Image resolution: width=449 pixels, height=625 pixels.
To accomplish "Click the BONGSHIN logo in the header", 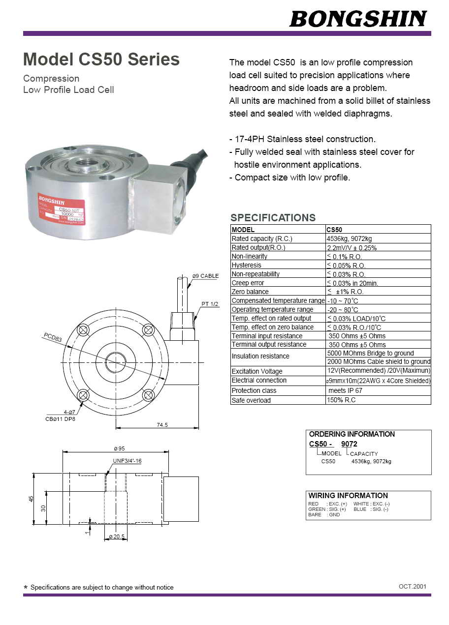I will click(x=358, y=19).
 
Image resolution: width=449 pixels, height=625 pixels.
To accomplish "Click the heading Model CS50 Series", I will click(x=101, y=60).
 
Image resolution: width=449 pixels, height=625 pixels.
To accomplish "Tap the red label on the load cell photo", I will click(x=62, y=208).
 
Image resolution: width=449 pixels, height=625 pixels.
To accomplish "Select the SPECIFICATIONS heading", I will click(x=273, y=218).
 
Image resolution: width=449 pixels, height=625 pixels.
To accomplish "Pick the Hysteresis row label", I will click(x=246, y=265).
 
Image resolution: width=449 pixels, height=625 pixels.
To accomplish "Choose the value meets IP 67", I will click(x=345, y=390).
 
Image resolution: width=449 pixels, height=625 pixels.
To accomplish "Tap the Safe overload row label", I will click(x=251, y=400).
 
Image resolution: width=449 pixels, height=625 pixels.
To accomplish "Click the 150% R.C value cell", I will click(x=341, y=400).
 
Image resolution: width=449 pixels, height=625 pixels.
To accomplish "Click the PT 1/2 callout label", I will click(x=210, y=304).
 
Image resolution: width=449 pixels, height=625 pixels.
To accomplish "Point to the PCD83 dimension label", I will click(x=53, y=338).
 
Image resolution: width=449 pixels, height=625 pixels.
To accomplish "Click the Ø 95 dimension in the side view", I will click(x=119, y=448).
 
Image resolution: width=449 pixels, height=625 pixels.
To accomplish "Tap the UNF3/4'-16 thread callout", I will click(x=127, y=461).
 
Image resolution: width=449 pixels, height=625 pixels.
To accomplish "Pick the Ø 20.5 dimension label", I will click(x=117, y=536).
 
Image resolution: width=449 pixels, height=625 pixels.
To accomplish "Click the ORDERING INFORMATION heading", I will click(x=352, y=434).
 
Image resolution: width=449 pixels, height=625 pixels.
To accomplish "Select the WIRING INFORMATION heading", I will click(x=348, y=495).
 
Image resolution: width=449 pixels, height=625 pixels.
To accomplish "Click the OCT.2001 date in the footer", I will click(x=413, y=586).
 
